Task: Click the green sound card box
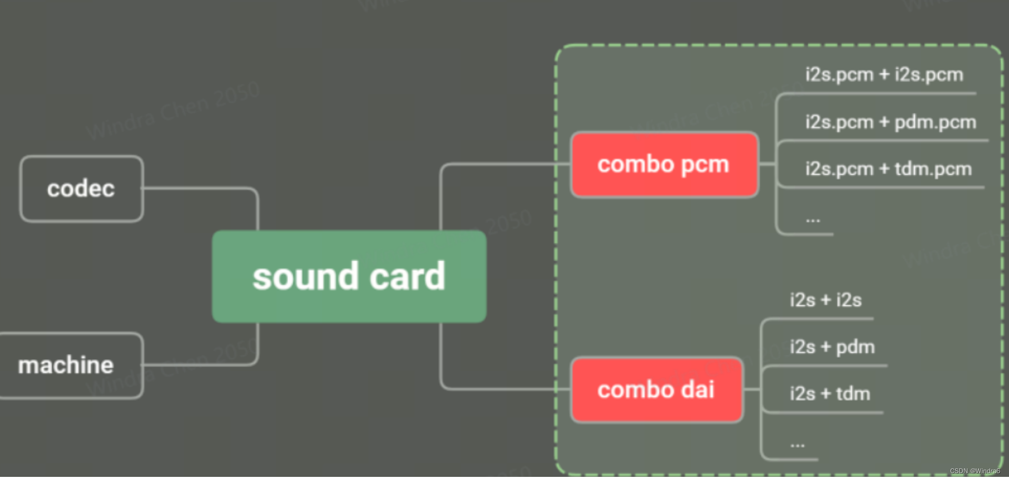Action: click(x=349, y=277)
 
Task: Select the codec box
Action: click(x=82, y=189)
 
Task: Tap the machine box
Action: click(x=70, y=365)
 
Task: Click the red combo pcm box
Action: click(x=664, y=165)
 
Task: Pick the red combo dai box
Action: click(x=656, y=390)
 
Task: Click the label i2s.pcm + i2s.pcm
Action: click(x=884, y=75)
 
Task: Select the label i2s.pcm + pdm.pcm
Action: click(x=890, y=122)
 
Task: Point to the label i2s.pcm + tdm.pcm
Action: click(x=888, y=169)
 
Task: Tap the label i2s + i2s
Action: click(x=825, y=300)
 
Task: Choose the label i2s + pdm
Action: click(x=832, y=347)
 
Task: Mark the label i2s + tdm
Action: click(x=830, y=394)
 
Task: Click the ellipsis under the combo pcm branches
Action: click(x=813, y=219)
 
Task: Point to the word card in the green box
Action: click(x=407, y=277)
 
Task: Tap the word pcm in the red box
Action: click(x=705, y=165)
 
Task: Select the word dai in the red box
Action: click(x=697, y=390)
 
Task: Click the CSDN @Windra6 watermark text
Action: click(x=975, y=471)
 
